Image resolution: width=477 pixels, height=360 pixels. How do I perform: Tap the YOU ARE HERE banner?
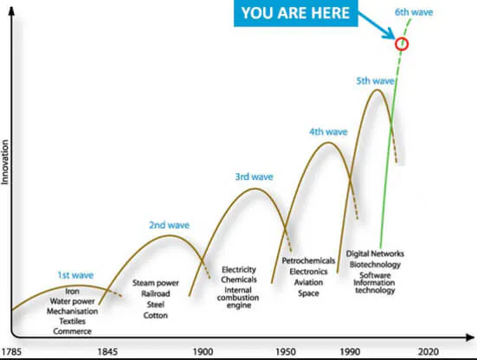click(x=296, y=13)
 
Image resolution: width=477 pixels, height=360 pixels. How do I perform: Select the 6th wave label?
click(x=414, y=12)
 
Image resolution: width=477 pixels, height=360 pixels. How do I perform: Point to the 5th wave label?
click(x=375, y=80)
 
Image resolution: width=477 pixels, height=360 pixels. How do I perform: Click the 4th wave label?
click(x=328, y=132)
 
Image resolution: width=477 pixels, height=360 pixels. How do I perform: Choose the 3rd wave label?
click(x=254, y=177)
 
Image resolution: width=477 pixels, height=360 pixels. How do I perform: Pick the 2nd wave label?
click(x=169, y=225)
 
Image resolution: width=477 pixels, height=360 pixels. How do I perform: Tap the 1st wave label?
click(x=75, y=275)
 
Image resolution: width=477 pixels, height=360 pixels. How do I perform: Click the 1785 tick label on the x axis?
click(x=11, y=352)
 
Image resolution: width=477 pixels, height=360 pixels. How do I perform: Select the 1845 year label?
click(x=107, y=352)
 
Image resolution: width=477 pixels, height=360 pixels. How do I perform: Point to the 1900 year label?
click(x=203, y=352)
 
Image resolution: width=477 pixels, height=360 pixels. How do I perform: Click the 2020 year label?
click(x=429, y=352)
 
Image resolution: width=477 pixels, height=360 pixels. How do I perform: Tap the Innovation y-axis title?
click(x=5, y=162)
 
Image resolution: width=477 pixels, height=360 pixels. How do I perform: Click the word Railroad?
click(x=156, y=294)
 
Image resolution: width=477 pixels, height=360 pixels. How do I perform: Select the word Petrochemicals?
click(x=308, y=260)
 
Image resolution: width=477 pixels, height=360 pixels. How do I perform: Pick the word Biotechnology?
click(x=375, y=265)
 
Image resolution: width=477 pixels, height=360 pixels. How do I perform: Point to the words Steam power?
click(x=156, y=283)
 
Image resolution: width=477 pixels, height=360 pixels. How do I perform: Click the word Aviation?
click(x=308, y=283)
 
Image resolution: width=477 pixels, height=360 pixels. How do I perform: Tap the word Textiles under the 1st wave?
click(x=73, y=321)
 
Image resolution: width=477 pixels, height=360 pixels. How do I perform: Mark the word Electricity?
click(x=239, y=270)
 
